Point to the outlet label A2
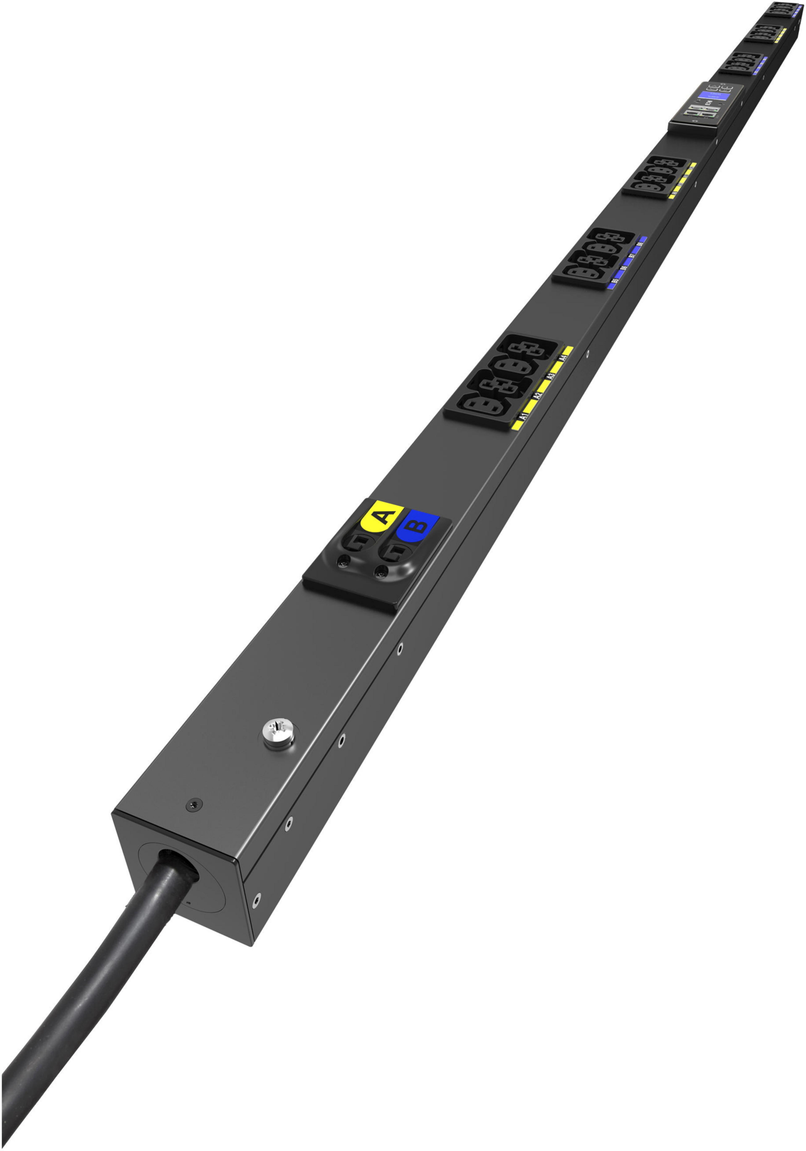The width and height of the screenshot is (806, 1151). coord(537,395)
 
